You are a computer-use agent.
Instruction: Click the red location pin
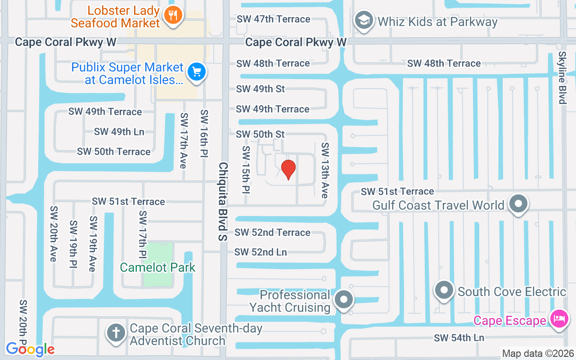(288, 169)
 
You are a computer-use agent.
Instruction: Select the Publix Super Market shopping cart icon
(197, 72)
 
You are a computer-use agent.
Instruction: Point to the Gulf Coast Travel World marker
(518, 203)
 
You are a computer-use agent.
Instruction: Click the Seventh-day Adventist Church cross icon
(116, 333)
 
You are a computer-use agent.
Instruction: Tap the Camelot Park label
(157, 267)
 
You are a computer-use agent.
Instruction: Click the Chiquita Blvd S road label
(223, 201)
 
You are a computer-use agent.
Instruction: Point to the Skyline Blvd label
(562, 77)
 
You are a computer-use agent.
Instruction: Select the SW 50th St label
(260, 134)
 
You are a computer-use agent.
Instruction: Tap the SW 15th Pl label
(246, 170)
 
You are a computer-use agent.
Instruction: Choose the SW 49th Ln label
(119, 132)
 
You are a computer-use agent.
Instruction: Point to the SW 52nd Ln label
(261, 252)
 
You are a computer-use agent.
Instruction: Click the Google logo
(30, 349)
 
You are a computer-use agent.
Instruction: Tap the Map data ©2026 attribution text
(538, 354)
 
